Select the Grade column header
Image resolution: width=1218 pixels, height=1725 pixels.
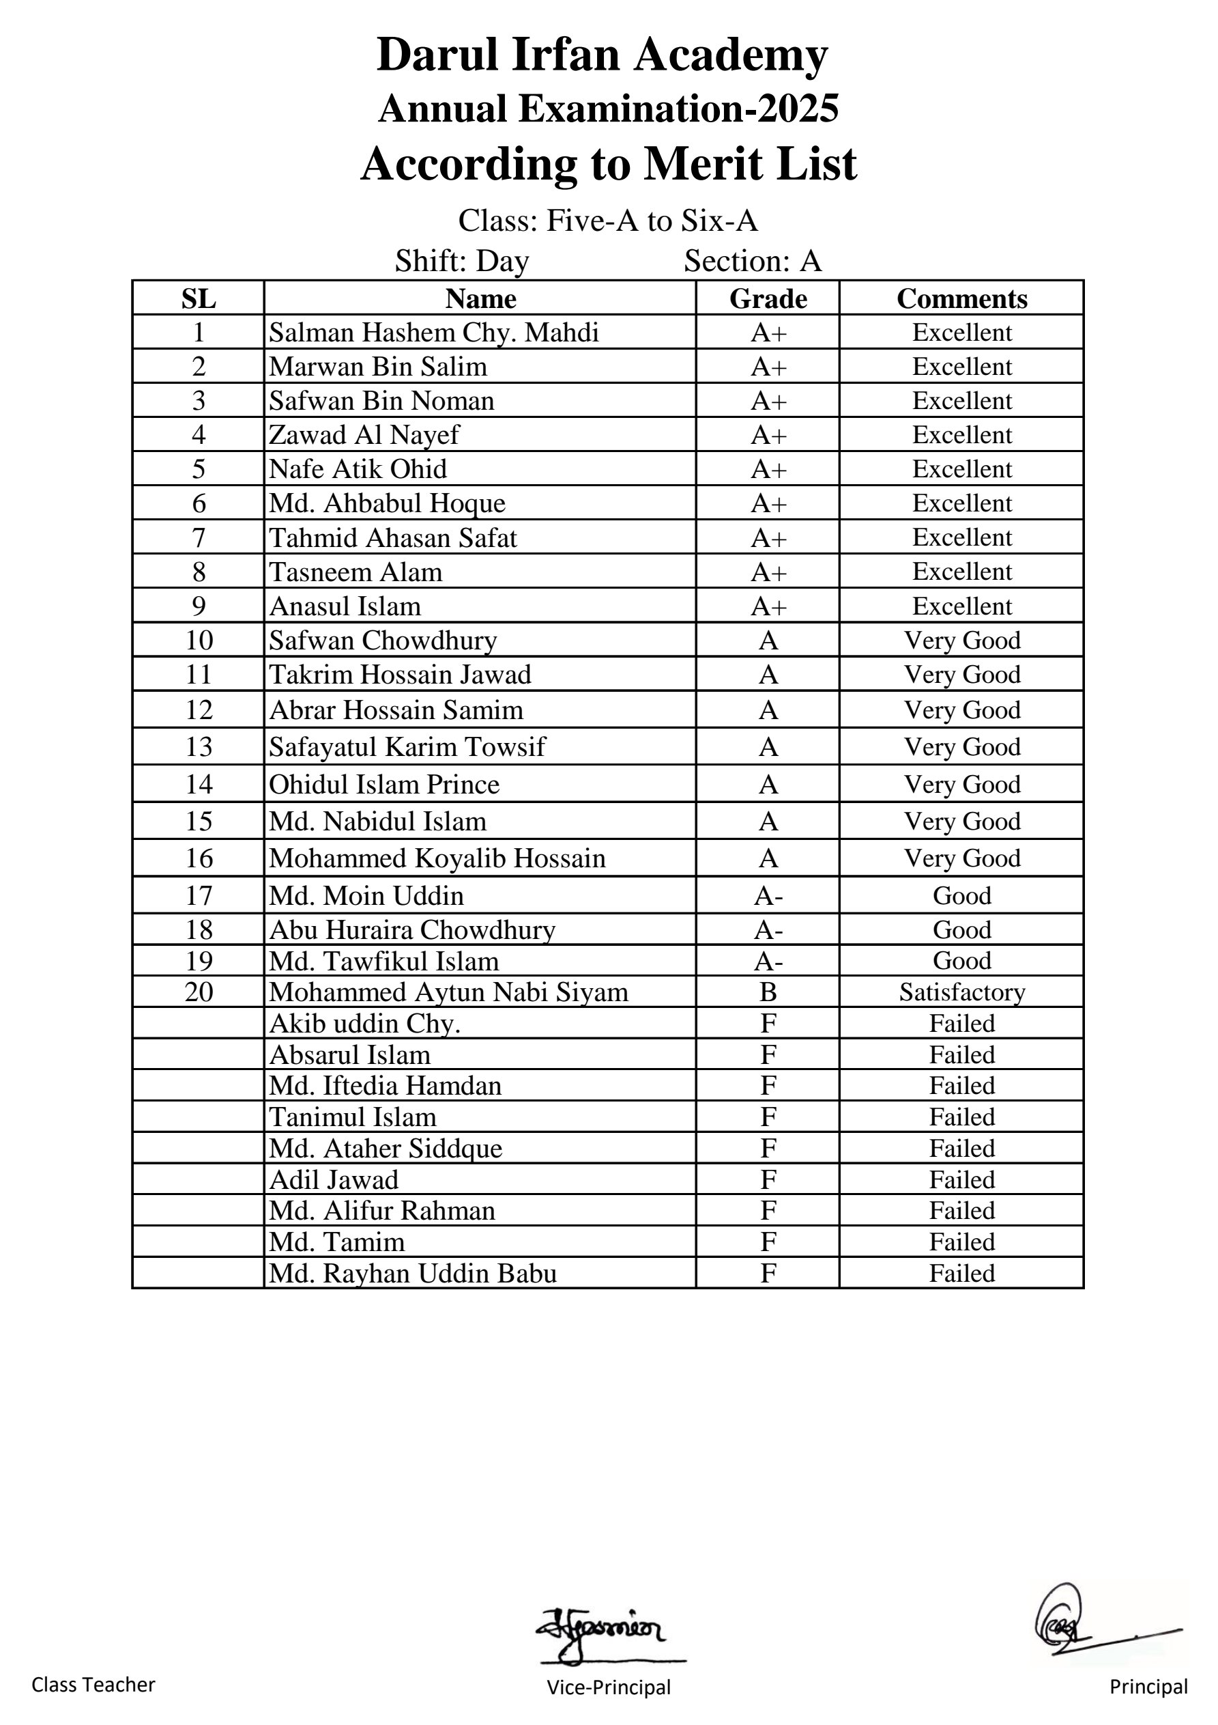click(x=768, y=298)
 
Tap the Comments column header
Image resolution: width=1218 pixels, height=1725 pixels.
click(x=961, y=298)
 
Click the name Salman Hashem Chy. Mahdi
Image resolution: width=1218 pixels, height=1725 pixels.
click(x=434, y=332)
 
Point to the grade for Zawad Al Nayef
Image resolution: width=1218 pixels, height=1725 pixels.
click(x=768, y=435)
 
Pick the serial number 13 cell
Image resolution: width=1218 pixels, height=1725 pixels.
click(x=199, y=747)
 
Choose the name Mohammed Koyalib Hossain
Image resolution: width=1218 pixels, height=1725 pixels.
click(x=437, y=858)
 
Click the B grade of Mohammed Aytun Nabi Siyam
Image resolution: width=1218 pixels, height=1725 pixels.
click(x=768, y=992)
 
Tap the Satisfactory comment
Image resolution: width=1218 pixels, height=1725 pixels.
click(x=961, y=992)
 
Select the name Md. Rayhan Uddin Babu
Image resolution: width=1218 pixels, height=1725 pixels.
click(x=413, y=1274)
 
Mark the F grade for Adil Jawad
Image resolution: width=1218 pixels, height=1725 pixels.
click(x=768, y=1179)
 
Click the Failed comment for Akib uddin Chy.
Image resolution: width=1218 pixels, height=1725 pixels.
click(x=961, y=1023)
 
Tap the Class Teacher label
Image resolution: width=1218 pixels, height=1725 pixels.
click(x=93, y=1685)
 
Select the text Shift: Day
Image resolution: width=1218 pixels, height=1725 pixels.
click(x=462, y=262)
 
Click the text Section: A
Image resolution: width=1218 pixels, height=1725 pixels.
click(x=753, y=262)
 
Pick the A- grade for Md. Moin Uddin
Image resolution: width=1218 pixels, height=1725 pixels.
click(x=768, y=895)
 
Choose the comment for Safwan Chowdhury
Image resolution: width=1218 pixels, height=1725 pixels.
click(x=961, y=640)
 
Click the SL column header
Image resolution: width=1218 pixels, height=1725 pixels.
click(x=199, y=298)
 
